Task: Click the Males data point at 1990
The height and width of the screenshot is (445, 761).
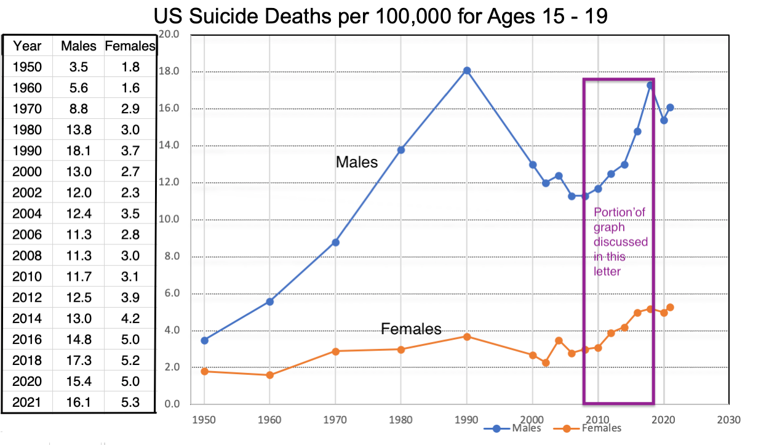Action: pyautogui.click(x=467, y=71)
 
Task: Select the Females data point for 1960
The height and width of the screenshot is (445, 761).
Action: pyautogui.click(x=269, y=375)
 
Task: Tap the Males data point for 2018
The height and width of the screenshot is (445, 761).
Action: pyautogui.click(x=650, y=85)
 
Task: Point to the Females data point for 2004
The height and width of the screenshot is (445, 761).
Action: pyautogui.click(x=559, y=340)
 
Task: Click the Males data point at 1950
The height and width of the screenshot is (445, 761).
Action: pyautogui.click(x=204, y=340)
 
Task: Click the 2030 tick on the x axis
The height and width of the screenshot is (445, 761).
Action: pyautogui.click(x=728, y=420)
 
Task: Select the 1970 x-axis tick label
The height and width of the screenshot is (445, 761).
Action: pyautogui.click(x=335, y=420)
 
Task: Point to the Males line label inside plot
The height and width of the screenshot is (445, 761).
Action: pyautogui.click(x=357, y=162)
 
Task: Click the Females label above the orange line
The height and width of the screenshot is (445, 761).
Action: pyautogui.click(x=411, y=329)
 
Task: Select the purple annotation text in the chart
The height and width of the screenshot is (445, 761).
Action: pyautogui.click(x=620, y=241)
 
